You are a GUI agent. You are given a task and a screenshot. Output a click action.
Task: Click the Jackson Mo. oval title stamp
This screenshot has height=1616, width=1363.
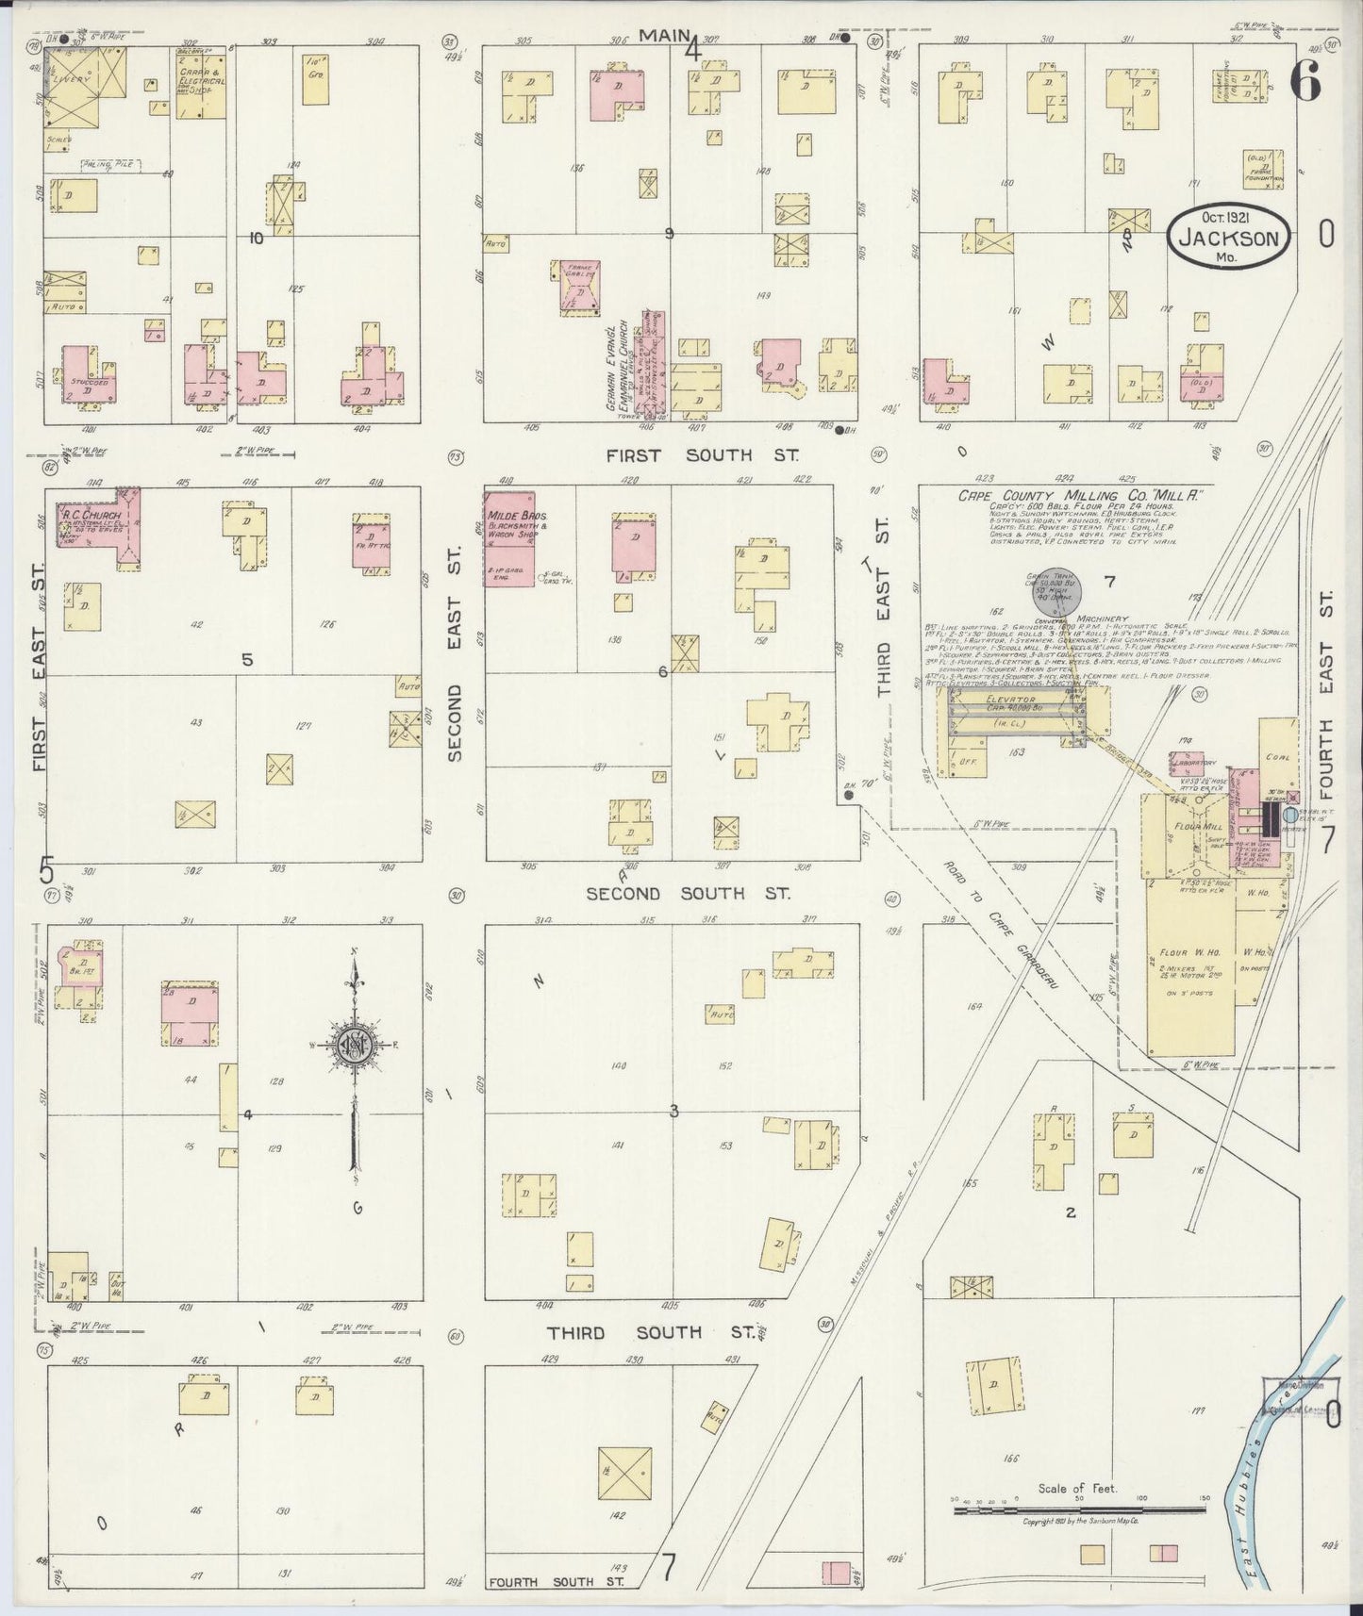(x=1227, y=238)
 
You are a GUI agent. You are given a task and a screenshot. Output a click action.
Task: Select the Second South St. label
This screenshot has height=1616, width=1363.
(x=688, y=893)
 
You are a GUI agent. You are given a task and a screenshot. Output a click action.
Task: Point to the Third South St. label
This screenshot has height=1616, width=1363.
(x=651, y=1332)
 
